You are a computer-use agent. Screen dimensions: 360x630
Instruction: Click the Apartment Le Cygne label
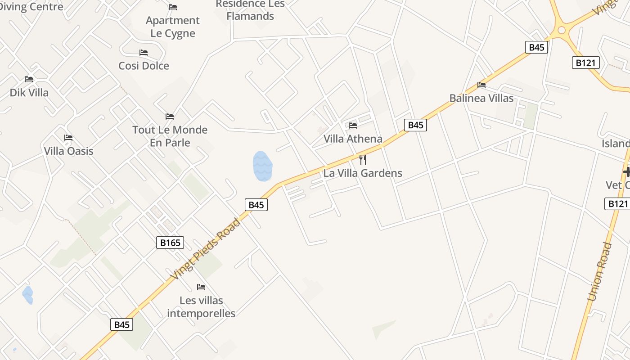coord(173,27)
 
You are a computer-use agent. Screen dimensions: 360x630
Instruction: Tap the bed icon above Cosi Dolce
coord(144,53)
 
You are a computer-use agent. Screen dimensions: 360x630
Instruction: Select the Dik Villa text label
coord(29,93)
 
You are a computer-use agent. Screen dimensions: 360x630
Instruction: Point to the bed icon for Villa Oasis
coord(68,138)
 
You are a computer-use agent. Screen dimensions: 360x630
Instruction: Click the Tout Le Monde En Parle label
coord(170,136)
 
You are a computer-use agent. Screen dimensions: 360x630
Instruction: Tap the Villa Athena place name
coord(353,139)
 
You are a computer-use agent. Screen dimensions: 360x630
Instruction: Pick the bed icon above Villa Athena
coord(353,126)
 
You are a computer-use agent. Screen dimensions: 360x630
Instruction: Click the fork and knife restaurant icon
coord(363,160)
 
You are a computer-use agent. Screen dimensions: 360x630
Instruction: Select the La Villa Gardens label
coord(363,173)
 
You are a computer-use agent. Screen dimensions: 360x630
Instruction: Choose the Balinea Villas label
coord(481,98)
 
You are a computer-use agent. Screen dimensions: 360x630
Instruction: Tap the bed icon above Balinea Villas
coord(481,85)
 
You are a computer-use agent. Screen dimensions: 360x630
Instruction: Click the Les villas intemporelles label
coord(201,306)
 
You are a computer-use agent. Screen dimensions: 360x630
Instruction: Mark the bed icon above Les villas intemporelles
coord(201,287)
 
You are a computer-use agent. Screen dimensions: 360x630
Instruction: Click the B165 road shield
coord(171,243)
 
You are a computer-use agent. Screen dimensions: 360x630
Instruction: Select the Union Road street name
coord(600,272)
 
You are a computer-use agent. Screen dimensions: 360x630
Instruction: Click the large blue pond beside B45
coord(262,166)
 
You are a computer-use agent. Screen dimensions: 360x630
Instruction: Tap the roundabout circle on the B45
coord(561,31)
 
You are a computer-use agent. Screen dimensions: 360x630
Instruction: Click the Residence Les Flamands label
coord(250,10)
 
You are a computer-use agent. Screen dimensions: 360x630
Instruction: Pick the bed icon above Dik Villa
coord(29,79)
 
